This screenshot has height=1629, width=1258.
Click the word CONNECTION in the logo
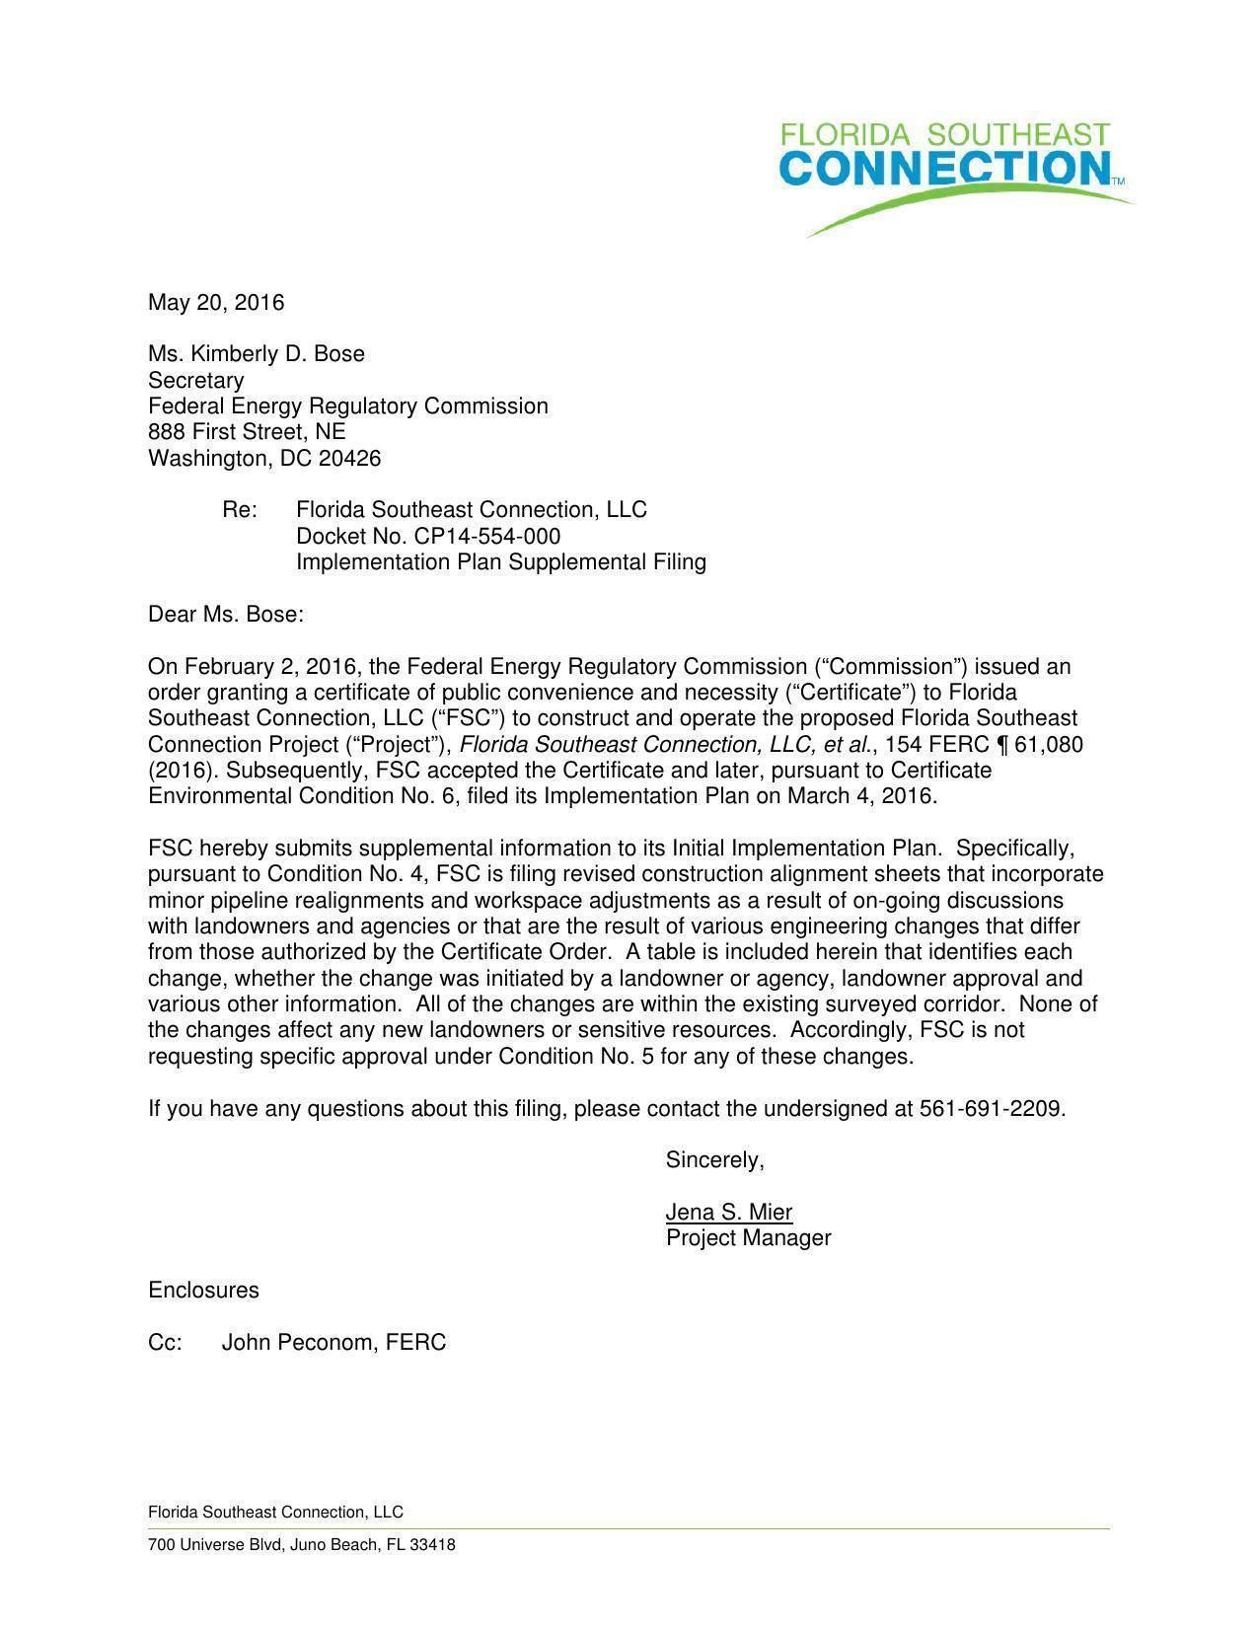pyautogui.click(x=945, y=169)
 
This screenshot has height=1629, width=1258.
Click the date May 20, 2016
pyautogui.click(x=216, y=302)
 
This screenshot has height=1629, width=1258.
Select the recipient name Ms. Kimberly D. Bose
pyautogui.click(x=257, y=354)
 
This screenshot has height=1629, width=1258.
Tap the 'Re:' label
pyautogui.click(x=240, y=510)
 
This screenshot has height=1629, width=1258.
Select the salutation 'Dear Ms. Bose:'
pyautogui.click(x=226, y=615)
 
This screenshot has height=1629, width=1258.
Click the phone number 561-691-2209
pyautogui.click(x=991, y=1109)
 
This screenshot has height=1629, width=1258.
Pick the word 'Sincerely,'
pyautogui.click(x=715, y=1160)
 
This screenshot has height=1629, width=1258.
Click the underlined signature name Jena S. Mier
pyautogui.click(x=729, y=1213)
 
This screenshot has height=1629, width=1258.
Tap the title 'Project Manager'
pyautogui.click(x=749, y=1238)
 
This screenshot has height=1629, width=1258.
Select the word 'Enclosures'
pyautogui.click(x=203, y=1291)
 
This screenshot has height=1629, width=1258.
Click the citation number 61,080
pyautogui.click(x=1049, y=744)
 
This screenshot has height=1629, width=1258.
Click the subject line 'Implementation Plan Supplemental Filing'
pyautogui.click(x=501, y=562)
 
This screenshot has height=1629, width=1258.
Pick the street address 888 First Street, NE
pyautogui.click(x=247, y=432)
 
